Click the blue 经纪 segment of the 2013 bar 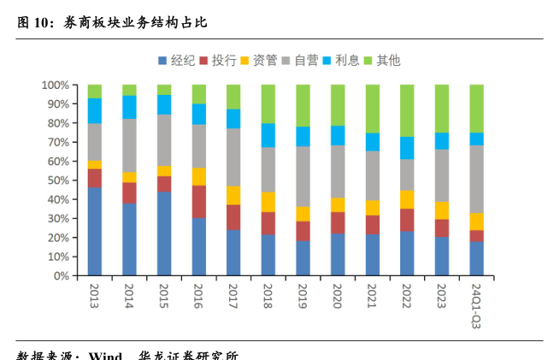coord(95,232)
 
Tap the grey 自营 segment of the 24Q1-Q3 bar coord(476,180)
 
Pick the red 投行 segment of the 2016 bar coord(199,202)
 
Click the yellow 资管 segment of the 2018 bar coord(268,202)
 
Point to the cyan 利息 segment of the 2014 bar coord(129,107)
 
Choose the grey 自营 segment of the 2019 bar coord(303,176)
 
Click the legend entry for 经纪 coord(177,60)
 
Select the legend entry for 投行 coord(218,60)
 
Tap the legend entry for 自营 coord(300,60)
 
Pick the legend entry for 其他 coord(381,60)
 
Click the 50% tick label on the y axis coord(57,180)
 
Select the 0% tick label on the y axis coord(61,276)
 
